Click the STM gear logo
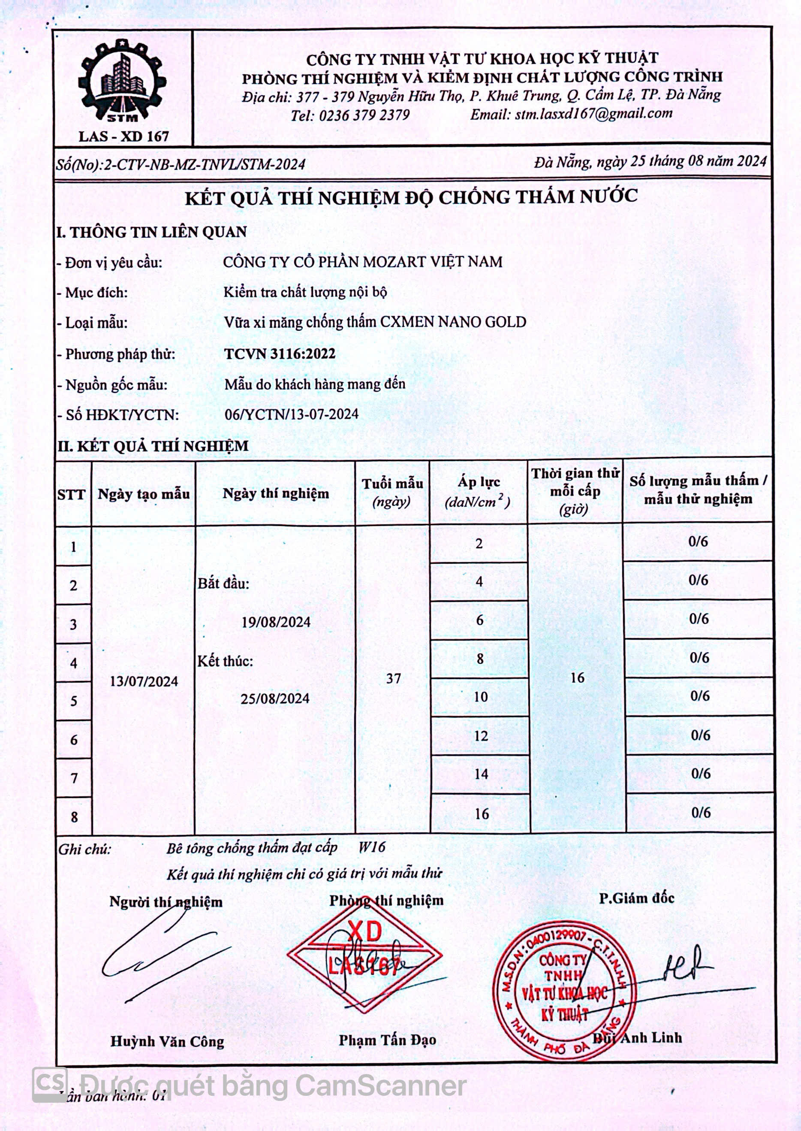click(123, 82)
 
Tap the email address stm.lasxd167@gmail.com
click(593, 114)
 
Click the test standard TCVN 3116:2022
click(280, 354)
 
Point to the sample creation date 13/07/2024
click(144, 681)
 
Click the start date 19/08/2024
click(276, 622)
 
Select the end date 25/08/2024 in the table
click(275, 699)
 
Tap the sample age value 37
click(393, 679)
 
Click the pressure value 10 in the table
click(480, 697)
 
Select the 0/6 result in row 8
click(700, 812)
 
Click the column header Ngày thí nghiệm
click(276, 493)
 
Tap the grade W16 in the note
click(371, 847)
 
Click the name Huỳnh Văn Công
click(167, 1042)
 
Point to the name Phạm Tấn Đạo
click(387, 1040)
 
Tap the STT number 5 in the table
click(73, 701)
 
